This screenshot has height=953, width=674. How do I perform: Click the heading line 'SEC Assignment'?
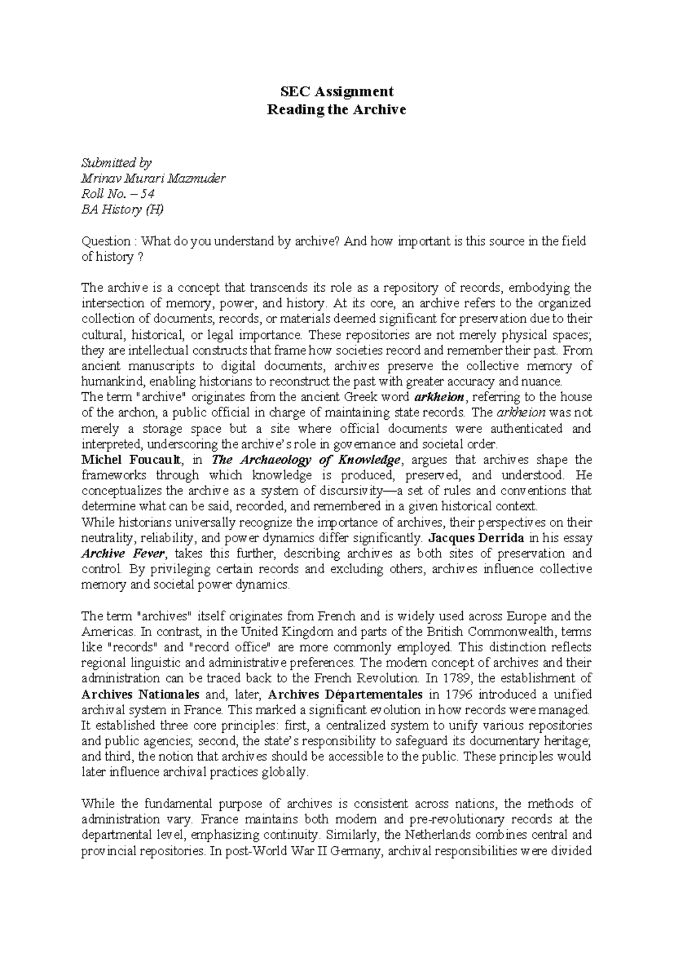pos(336,91)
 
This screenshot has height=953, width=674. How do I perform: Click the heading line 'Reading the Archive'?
pos(336,110)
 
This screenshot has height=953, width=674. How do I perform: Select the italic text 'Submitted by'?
pos(116,163)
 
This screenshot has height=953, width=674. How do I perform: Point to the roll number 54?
pos(147,194)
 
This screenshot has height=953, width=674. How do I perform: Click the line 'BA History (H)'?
pos(124,210)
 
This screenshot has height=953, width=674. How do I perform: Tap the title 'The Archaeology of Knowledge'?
pos(306,460)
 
